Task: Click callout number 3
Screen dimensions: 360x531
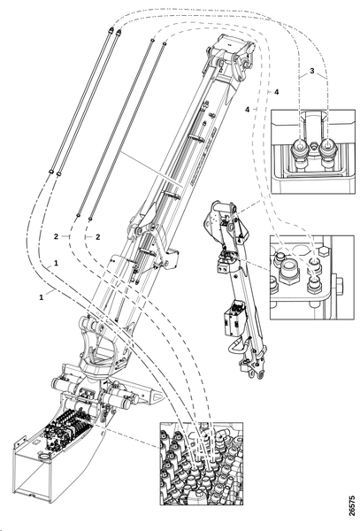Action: coord(312,71)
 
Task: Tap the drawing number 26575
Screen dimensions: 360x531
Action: coord(352,506)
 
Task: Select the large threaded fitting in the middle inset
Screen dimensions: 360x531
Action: coord(289,270)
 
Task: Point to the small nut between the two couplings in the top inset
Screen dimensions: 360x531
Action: coord(313,147)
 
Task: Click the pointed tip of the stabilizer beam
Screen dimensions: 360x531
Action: coord(163,396)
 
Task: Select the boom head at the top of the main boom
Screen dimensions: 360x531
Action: coord(232,54)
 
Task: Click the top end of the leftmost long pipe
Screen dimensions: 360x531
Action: coord(110,30)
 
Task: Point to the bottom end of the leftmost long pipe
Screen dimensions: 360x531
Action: coord(50,171)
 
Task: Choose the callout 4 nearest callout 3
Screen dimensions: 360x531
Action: coord(277,92)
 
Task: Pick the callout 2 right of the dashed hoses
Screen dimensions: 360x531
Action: coord(98,236)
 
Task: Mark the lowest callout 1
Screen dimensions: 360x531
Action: coord(42,297)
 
